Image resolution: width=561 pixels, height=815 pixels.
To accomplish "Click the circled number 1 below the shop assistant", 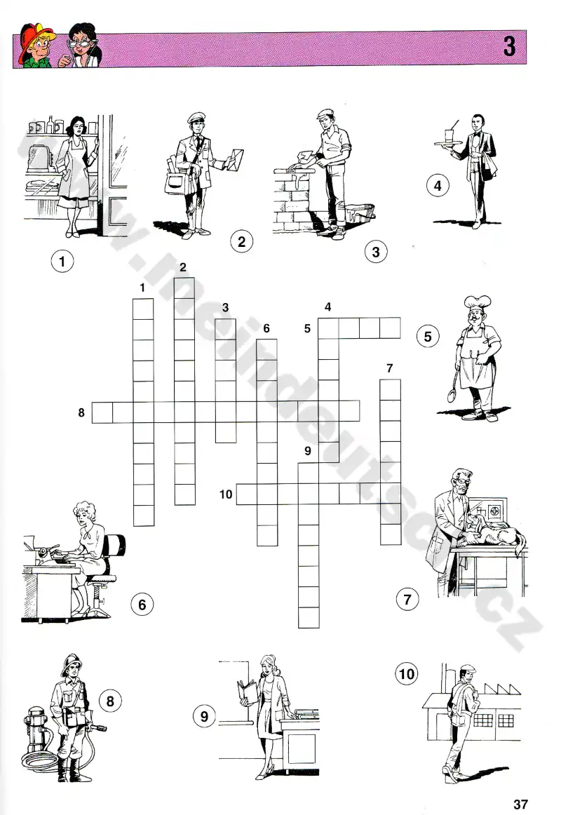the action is (62, 260).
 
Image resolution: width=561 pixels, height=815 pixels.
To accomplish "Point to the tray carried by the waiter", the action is (445, 142).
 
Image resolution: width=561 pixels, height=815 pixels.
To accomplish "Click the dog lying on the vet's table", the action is (496, 536).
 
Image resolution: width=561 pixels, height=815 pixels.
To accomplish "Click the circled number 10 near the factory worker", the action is (406, 674).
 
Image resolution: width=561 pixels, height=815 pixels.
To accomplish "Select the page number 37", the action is (520, 804).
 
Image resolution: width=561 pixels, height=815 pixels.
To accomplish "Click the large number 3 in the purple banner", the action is (509, 46).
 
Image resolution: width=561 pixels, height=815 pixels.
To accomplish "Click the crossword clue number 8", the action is (81, 412).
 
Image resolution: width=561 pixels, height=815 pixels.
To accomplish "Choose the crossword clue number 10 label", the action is (225, 494).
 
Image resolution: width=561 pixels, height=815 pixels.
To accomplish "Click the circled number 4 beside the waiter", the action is (438, 186).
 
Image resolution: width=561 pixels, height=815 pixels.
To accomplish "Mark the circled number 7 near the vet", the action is (407, 599).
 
